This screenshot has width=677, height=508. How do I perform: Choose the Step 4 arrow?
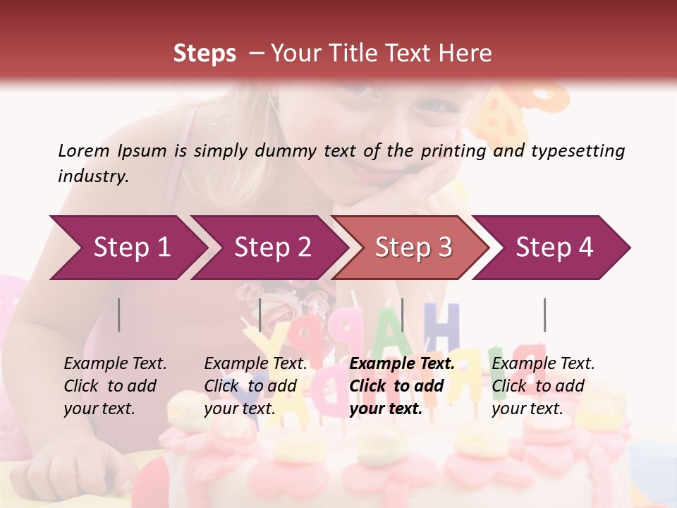coord(554,248)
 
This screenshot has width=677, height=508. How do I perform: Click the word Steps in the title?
coord(205,54)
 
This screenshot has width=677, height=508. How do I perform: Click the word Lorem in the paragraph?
coord(84,150)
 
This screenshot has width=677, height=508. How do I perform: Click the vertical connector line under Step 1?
coord(119,315)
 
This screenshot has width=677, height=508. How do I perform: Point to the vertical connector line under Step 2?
coord(260,315)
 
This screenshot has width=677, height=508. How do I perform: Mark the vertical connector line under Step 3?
coord(402,315)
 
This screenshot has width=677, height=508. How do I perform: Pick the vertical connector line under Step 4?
coord(544,315)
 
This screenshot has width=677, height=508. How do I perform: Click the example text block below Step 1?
coord(115,386)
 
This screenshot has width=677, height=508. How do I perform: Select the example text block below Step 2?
coord(255,386)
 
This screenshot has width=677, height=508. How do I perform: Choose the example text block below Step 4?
coord(543,386)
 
